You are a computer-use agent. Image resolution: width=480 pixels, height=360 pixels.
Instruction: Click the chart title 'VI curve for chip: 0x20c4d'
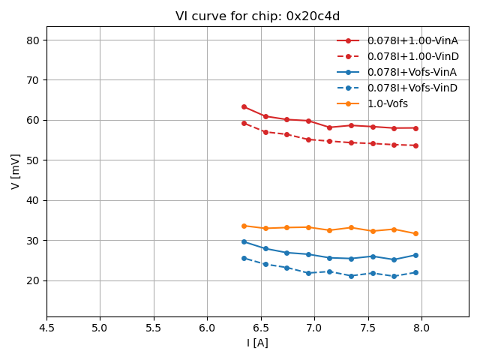(257, 16)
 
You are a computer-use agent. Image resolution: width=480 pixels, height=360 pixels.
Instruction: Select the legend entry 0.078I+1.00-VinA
(412, 40)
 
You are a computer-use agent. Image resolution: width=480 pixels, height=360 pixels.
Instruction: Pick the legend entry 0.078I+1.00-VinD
(412, 56)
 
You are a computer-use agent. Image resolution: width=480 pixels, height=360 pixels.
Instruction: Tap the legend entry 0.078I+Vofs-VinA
(412, 72)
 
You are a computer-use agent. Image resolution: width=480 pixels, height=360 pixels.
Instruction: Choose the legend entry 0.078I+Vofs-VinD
(412, 88)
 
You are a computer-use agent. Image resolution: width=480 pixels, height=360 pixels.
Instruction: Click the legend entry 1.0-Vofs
(392, 103)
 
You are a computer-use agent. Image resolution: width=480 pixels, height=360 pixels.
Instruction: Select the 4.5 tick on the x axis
(46, 328)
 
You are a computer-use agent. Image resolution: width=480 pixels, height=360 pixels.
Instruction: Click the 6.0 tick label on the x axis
(207, 328)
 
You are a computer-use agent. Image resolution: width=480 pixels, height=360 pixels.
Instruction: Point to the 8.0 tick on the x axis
(421, 328)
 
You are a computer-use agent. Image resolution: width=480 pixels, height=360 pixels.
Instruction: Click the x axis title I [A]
(257, 343)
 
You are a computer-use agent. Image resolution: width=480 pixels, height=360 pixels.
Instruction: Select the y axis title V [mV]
(16, 171)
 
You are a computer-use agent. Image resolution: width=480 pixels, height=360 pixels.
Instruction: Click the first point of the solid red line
(244, 106)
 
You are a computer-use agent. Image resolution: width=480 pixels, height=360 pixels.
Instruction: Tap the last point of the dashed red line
(415, 145)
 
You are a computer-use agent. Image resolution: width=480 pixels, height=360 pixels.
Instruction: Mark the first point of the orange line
(244, 226)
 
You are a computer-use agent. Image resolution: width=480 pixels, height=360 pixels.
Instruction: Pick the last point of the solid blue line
(415, 255)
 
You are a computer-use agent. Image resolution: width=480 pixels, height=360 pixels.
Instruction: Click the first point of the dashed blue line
(244, 258)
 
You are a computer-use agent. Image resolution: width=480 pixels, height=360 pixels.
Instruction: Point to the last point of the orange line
(415, 233)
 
